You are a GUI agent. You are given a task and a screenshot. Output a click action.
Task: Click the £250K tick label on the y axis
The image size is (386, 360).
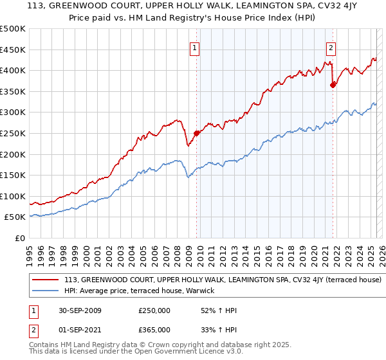pos(13,133)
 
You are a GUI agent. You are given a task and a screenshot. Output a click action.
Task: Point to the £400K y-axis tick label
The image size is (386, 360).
pos(13,70)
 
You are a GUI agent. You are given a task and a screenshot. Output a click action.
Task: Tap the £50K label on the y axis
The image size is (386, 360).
pos(15,217)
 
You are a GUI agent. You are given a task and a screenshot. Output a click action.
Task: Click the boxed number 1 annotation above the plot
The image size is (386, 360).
pos(194,47)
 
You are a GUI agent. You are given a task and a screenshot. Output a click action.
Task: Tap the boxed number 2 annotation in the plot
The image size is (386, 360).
pos(331,47)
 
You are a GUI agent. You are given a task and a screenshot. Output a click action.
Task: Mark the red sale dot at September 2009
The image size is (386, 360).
pos(197,133)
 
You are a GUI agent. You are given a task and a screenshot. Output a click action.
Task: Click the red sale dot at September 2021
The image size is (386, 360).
pos(333,85)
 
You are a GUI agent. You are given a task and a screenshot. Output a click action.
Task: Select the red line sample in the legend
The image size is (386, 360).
pos(46,280)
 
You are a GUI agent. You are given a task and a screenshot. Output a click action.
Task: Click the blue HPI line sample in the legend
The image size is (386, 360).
pos(46,291)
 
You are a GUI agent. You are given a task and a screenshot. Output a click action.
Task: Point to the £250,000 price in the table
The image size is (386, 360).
pos(154,310)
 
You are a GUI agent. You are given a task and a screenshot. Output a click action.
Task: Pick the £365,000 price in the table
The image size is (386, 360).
pos(154,330)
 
